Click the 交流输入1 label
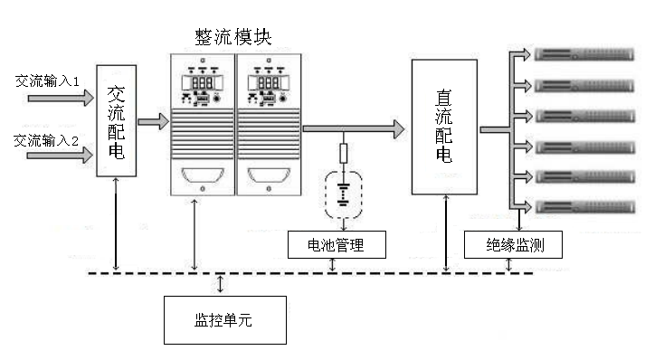point(48,81)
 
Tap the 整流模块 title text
point(232,35)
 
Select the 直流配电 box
point(444,126)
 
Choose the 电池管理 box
point(337,244)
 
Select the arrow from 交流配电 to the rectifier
point(152,119)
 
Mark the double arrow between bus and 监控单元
point(221,283)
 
